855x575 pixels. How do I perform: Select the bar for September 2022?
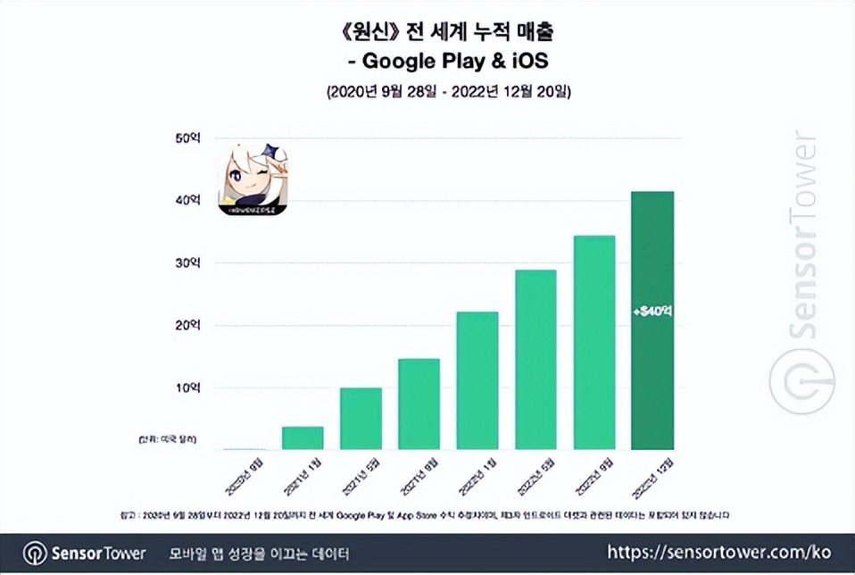[594, 343]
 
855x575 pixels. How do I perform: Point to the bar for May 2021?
[361, 419]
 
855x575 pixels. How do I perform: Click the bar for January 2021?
[303, 438]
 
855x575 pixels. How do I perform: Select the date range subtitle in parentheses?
[449, 92]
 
